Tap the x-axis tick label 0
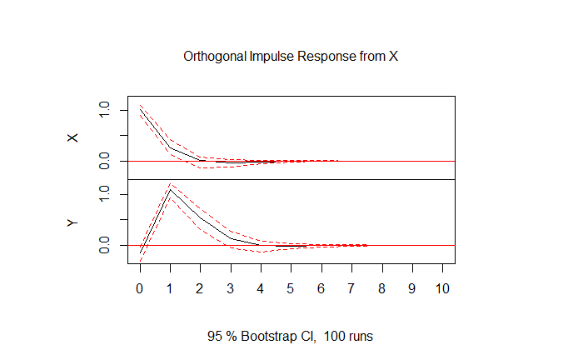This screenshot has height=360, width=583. coord(140,288)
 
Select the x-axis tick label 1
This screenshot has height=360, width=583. coord(170,288)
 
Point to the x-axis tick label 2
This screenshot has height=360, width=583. coord(201,288)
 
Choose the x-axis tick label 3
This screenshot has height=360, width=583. coord(231,288)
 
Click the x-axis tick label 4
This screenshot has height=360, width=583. coord(261,288)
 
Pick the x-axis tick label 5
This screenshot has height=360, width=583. coord(291,288)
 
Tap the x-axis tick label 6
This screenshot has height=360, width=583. coord(321,288)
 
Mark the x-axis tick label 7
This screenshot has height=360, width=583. coord(351,288)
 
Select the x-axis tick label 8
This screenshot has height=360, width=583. coord(381,288)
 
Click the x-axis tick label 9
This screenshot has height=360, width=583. coord(411,288)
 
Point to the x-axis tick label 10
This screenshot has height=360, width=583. coord(442,288)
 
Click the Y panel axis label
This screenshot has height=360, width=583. coord(72,222)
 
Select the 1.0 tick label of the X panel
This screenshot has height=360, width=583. coord(104,110)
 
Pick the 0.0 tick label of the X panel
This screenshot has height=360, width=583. coord(104,160)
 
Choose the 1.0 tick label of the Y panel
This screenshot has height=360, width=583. coord(104,194)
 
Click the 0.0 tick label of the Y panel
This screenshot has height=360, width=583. coord(104,245)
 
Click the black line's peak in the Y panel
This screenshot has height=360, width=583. coord(170,189)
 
